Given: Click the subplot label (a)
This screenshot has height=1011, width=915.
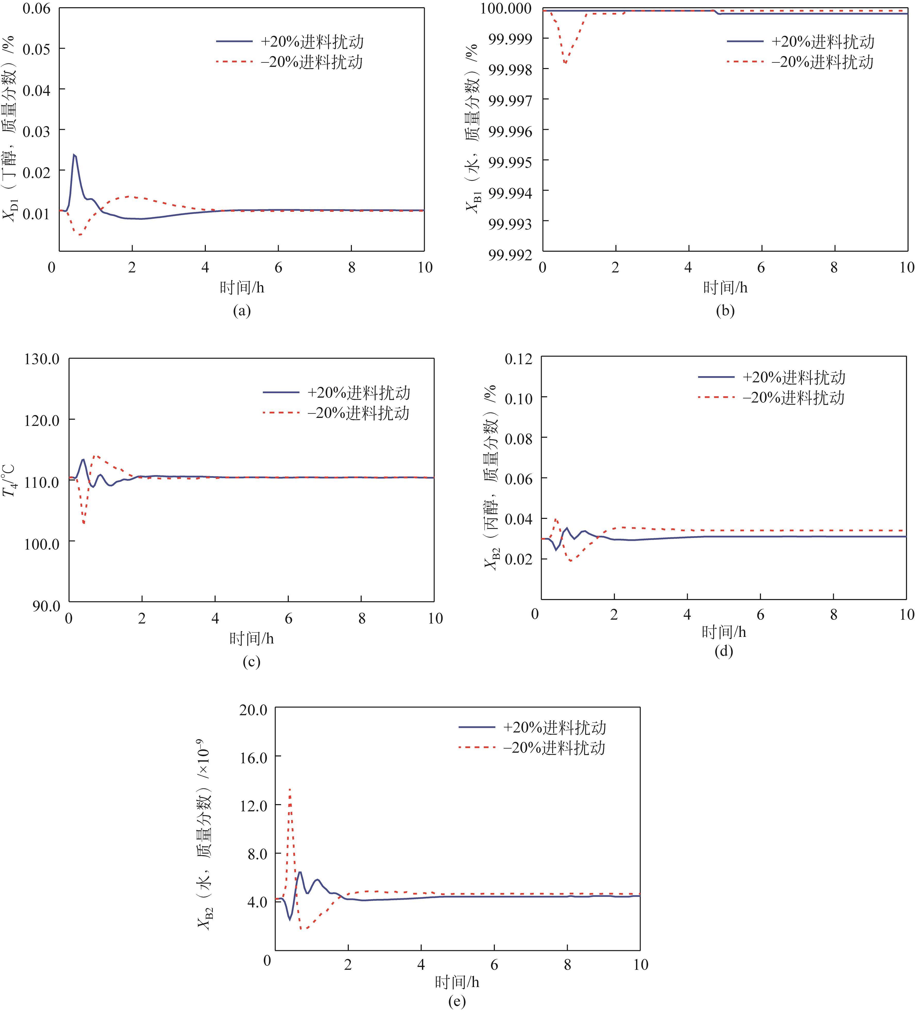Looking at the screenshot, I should click(x=242, y=311).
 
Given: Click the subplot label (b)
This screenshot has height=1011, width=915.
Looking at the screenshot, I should click(x=725, y=311).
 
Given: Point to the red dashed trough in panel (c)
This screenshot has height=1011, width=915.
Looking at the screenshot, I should click(x=84, y=524).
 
